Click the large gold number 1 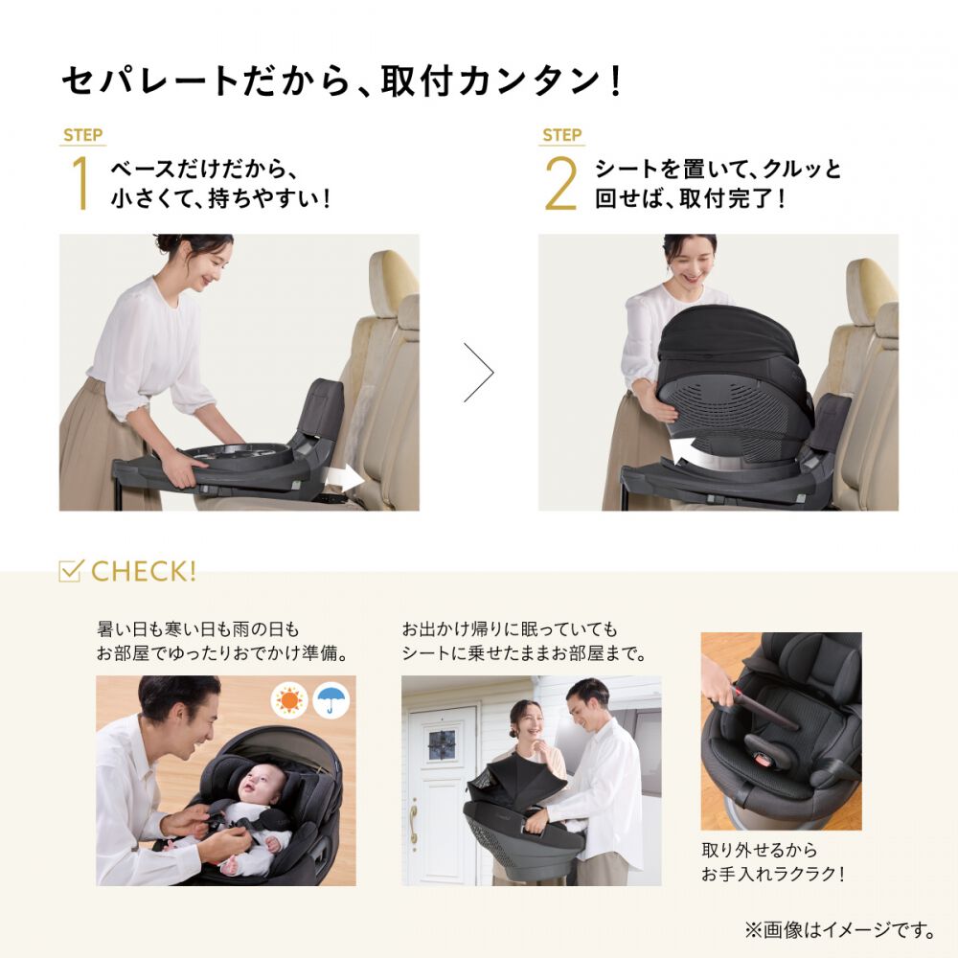80,182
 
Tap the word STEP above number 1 83,135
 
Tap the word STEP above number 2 562,135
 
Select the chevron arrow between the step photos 479,372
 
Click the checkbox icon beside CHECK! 71,571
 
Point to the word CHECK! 144,572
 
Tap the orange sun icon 288,700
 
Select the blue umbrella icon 331,700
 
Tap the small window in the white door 442,742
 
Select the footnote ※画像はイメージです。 840,928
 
